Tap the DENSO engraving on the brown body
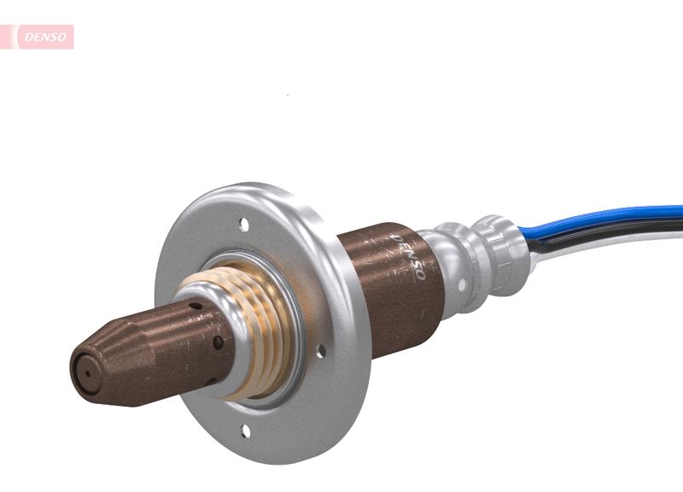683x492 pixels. point(407,257)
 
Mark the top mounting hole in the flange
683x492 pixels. point(245,225)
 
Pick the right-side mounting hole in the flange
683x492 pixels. point(321,348)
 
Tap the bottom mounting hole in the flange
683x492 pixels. point(245,430)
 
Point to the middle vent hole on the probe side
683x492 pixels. point(219,342)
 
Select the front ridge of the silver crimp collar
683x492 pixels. point(453,256)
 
